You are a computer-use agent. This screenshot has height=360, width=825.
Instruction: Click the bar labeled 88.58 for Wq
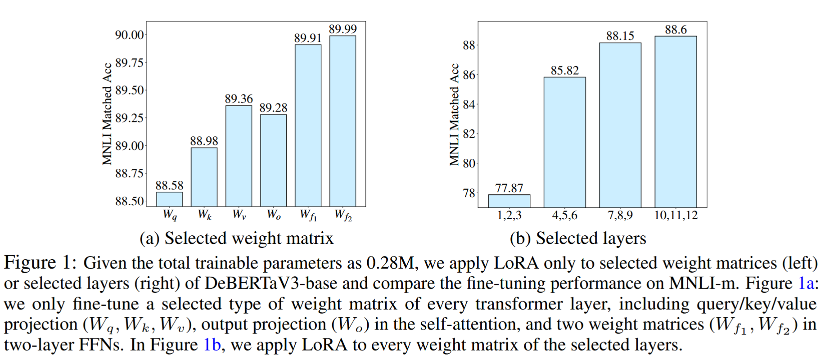click(x=169, y=199)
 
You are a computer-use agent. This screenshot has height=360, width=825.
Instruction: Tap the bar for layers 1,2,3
click(x=509, y=201)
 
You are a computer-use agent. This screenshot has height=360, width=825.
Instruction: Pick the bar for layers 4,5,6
click(x=564, y=142)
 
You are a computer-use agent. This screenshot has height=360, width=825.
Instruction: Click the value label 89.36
click(x=239, y=99)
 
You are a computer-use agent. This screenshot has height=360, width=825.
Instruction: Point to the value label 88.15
click(x=620, y=36)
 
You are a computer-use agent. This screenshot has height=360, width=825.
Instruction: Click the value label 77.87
click(x=509, y=188)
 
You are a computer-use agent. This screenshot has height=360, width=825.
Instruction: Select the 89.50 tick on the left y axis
click(x=130, y=90)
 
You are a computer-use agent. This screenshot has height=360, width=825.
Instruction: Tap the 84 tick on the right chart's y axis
click(x=469, y=105)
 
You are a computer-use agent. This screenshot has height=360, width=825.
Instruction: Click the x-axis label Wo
click(x=274, y=215)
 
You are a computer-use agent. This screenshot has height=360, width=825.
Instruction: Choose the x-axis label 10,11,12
click(x=676, y=215)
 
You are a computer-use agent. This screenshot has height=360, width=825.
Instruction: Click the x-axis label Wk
click(x=204, y=215)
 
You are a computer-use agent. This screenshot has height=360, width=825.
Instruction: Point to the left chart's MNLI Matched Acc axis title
click(x=107, y=114)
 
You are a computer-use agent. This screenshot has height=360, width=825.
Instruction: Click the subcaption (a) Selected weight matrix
click(x=236, y=238)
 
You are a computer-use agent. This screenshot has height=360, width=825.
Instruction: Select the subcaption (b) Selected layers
click(x=577, y=238)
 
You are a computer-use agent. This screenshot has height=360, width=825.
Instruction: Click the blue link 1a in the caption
click(x=806, y=283)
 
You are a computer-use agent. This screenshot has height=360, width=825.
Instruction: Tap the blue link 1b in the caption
click(x=212, y=345)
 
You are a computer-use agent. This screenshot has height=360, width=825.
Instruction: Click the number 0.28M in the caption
click(x=390, y=263)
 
